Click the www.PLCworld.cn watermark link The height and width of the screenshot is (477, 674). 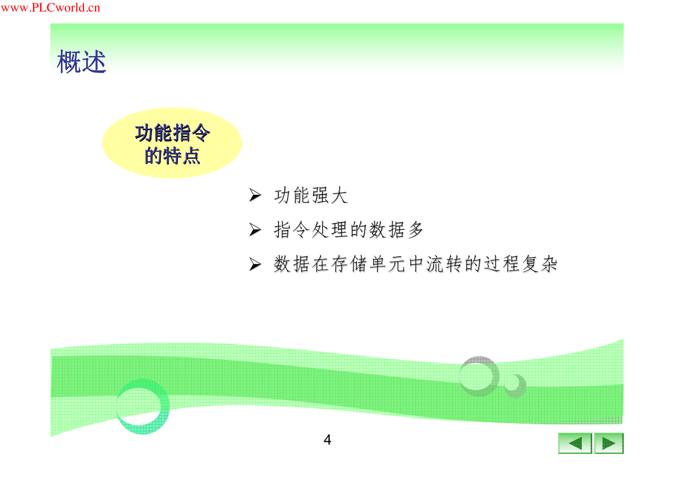point(50,8)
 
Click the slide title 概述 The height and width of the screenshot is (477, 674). point(81,62)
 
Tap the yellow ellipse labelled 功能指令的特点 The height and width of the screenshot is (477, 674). point(172,143)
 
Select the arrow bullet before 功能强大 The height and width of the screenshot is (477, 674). point(255,195)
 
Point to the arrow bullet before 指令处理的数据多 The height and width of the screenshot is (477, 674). point(255,230)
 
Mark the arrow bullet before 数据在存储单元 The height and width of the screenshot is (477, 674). point(255,264)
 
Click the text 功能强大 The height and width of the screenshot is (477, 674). point(311,195)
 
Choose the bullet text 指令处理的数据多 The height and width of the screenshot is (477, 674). point(349,230)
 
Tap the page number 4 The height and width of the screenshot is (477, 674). point(327,440)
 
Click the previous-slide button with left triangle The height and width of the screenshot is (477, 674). point(575,443)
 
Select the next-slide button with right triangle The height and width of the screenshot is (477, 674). point(609,443)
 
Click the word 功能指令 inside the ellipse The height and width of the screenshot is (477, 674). point(172,133)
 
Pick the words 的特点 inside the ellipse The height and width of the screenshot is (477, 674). point(172,156)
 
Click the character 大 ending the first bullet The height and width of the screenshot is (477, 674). point(339,195)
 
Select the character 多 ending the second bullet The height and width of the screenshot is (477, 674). point(415,230)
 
